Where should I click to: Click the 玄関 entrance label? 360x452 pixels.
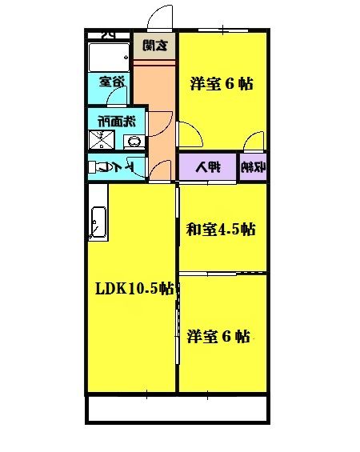[155, 46]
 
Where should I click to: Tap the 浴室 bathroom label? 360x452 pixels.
[112, 81]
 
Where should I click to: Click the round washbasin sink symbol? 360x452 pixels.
[134, 142]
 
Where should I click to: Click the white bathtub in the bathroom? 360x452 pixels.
[109, 57]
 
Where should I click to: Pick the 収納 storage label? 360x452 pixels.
[253, 168]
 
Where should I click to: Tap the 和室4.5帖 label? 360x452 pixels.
[221, 230]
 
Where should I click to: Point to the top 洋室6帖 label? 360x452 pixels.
[222, 83]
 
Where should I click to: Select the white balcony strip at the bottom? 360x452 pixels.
[177, 410]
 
